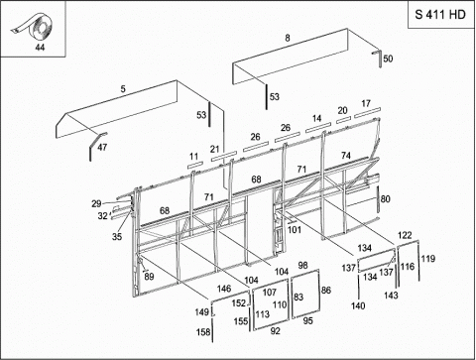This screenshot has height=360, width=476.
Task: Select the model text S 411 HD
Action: pyautogui.click(x=440, y=15)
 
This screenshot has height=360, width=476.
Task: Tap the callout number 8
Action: pyautogui.click(x=288, y=38)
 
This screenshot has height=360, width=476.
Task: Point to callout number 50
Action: pyautogui.click(x=388, y=59)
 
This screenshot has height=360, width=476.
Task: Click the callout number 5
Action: pyautogui.click(x=123, y=89)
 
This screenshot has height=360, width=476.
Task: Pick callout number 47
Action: pyautogui.click(x=102, y=147)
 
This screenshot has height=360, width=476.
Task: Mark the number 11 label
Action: pyautogui.click(x=194, y=156)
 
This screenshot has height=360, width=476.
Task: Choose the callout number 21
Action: pyautogui.click(x=215, y=149)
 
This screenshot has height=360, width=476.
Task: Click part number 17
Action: pyautogui.click(x=366, y=103)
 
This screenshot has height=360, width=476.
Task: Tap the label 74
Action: pyautogui.click(x=346, y=155)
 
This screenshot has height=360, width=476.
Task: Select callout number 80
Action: pyautogui.click(x=386, y=199)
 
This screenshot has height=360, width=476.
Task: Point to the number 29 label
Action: pyautogui.click(x=96, y=203)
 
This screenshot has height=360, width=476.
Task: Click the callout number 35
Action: pyautogui.click(x=117, y=237)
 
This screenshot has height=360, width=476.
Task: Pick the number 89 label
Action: pyautogui.click(x=149, y=277)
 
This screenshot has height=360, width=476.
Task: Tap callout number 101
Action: pyautogui.click(x=295, y=229)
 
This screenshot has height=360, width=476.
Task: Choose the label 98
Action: pyautogui.click(x=302, y=265)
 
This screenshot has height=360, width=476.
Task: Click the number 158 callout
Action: pyautogui.click(x=203, y=331)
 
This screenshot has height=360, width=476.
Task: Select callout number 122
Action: pyautogui.click(x=405, y=235)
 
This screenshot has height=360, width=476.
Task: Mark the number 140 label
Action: pyautogui.click(x=358, y=305)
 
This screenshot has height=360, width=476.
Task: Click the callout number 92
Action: pyautogui.click(x=275, y=331)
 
